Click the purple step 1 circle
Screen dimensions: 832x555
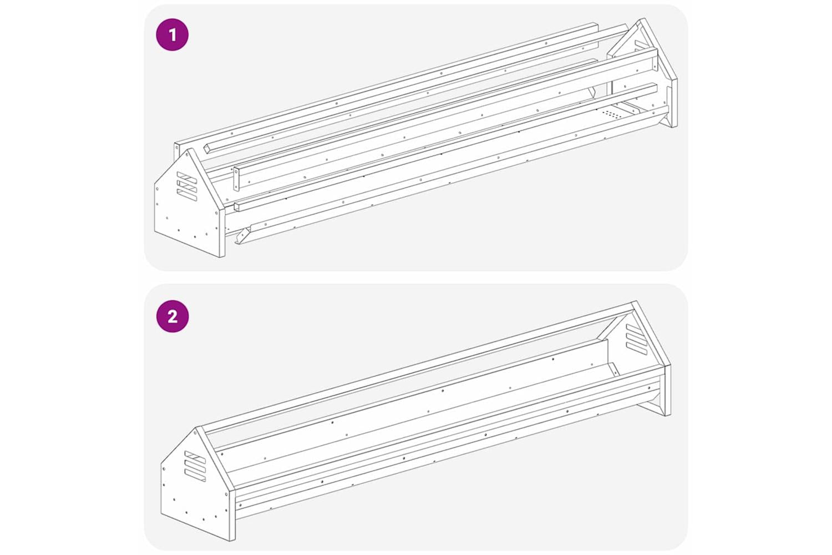173,35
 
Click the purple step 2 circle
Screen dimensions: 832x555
173,316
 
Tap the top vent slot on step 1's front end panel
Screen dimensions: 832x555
186,177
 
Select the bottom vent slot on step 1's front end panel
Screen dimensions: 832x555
186,195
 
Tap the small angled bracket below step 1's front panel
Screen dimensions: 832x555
243,235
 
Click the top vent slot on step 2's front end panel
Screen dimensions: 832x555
195,457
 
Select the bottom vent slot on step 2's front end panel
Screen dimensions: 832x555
195,475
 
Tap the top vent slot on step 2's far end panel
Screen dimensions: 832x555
636,330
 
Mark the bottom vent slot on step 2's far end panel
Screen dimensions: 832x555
636,349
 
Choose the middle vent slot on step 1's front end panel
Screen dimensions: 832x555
186,186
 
